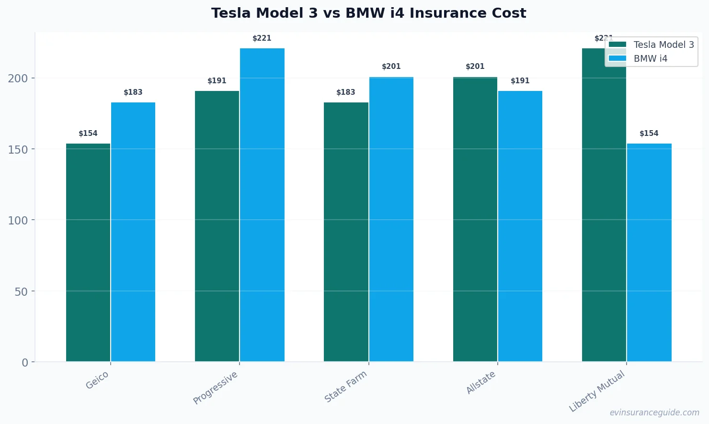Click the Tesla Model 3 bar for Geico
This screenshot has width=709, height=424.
pyautogui.click(x=88, y=253)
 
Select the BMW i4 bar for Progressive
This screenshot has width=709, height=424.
pyautogui.click(x=262, y=205)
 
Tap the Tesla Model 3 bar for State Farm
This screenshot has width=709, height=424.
pyautogui.click(x=346, y=232)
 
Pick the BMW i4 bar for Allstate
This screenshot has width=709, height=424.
pyautogui.click(x=520, y=226)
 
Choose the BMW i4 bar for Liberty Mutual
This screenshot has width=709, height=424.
pyautogui.click(x=649, y=253)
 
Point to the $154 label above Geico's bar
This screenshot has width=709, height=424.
pyautogui.click(x=88, y=134)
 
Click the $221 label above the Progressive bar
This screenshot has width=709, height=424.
pyautogui.click(x=262, y=38)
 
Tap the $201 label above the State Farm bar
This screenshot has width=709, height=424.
pyautogui.click(x=391, y=67)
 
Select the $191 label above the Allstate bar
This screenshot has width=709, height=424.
pyautogui.click(x=520, y=81)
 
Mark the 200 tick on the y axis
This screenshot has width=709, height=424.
pyautogui.click(x=18, y=78)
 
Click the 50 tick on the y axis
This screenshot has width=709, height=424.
pyautogui.click(x=21, y=291)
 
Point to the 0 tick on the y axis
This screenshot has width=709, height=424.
pyautogui.click(x=25, y=363)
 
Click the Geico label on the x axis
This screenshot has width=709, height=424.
pyautogui.click(x=97, y=380)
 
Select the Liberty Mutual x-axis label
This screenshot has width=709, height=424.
pyautogui.click(x=597, y=391)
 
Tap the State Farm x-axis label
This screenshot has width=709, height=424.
pyautogui.click(x=345, y=387)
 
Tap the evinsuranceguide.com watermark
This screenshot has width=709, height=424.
pyautogui.click(x=654, y=413)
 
